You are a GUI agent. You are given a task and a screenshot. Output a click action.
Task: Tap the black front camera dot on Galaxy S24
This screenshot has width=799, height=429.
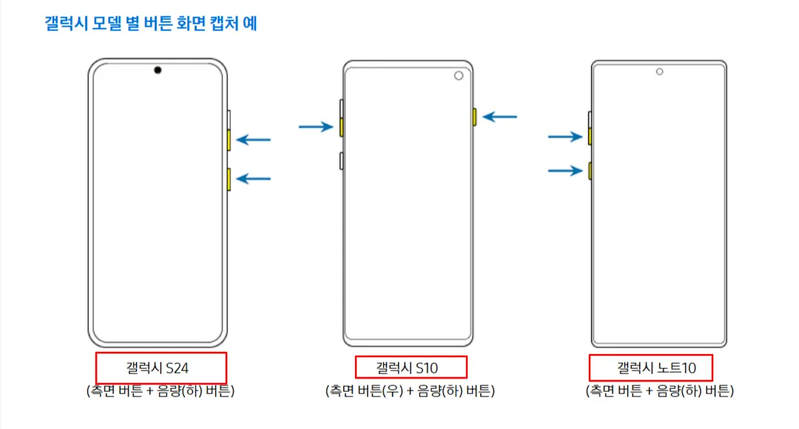(x=158, y=70)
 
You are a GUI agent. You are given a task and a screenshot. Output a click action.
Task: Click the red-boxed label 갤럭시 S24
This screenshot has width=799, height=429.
(x=161, y=368)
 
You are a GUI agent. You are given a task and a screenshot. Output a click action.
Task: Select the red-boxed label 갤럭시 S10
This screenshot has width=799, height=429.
(x=411, y=367)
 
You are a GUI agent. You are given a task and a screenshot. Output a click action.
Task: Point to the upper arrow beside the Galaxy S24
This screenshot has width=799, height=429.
(x=254, y=139)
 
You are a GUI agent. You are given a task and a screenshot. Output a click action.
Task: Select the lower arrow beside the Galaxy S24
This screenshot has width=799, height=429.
(x=254, y=178)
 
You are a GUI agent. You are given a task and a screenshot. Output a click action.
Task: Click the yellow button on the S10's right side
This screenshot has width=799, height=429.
(x=474, y=116)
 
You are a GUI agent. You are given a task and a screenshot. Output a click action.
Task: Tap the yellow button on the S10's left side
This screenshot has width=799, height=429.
(x=341, y=127)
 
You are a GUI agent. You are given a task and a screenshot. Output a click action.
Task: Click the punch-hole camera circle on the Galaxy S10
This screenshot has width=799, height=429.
(x=459, y=76)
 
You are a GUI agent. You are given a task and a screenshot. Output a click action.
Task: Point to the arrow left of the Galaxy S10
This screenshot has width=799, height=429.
(x=316, y=127)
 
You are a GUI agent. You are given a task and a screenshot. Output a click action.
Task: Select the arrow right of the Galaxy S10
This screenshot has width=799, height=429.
(x=499, y=116)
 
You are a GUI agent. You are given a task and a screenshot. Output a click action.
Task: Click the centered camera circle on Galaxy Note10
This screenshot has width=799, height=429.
(x=659, y=72)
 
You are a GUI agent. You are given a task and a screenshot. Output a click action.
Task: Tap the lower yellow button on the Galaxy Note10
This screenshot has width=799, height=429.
(x=590, y=171)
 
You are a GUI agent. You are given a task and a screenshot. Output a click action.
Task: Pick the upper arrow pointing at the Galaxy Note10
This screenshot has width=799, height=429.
(x=565, y=136)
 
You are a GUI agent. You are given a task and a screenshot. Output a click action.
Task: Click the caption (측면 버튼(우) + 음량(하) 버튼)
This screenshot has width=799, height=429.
(x=410, y=390)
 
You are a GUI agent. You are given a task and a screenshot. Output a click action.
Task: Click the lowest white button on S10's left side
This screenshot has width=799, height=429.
(x=341, y=160)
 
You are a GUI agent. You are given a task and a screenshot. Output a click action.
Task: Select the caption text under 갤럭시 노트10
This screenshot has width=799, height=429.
(x=659, y=390)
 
